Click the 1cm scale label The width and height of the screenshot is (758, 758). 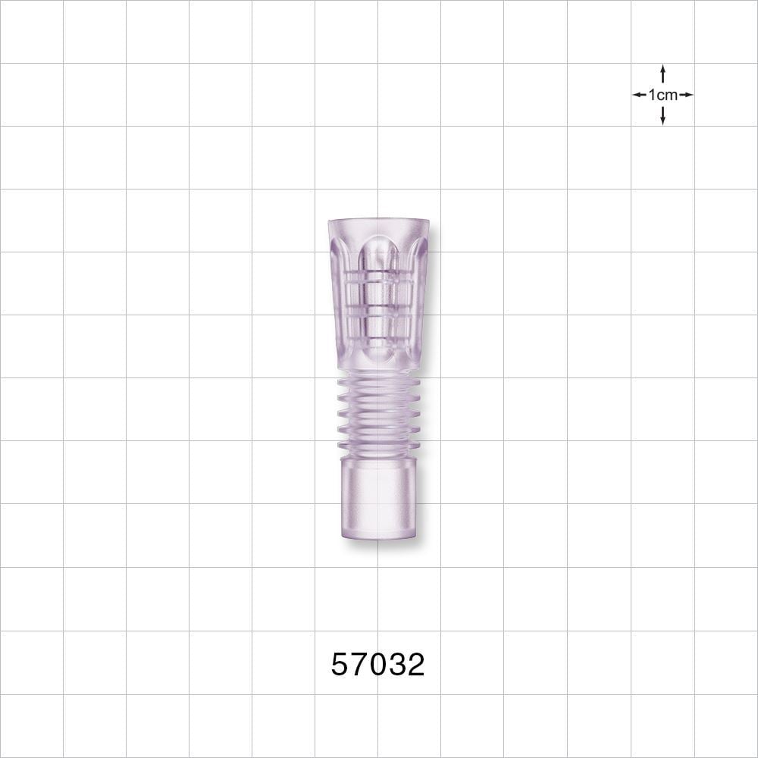coord(662,95)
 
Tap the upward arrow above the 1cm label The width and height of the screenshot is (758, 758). coord(662,74)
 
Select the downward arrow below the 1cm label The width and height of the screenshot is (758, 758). coord(662,115)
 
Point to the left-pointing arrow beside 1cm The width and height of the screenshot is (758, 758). coord(640,95)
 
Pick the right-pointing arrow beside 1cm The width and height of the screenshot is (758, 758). coord(686,95)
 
